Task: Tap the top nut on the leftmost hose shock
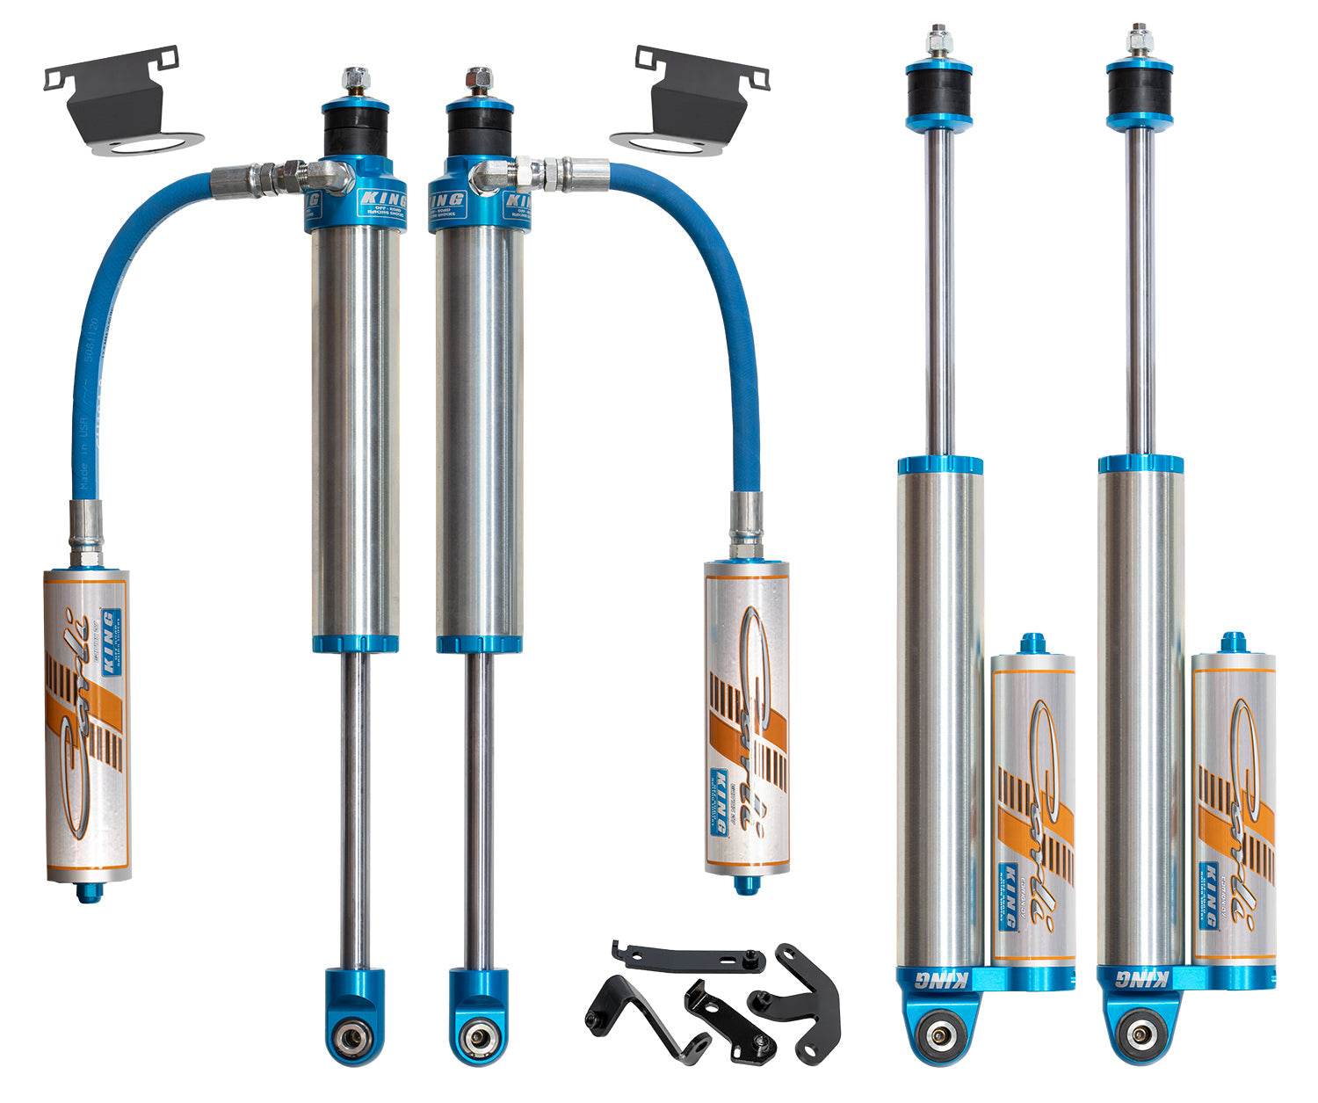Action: click(355, 80)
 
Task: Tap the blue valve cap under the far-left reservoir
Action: click(89, 892)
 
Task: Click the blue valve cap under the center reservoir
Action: click(746, 883)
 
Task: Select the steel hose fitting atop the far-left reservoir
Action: click(86, 533)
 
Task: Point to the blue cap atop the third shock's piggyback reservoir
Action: click(1032, 642)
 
